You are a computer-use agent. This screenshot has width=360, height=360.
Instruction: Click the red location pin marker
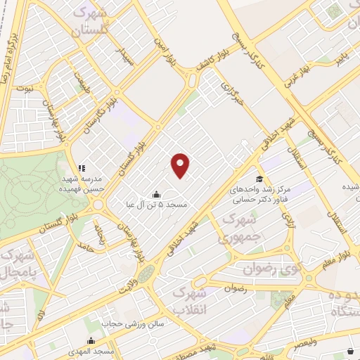point(181,165)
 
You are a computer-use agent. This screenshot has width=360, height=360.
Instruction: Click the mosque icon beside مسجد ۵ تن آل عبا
point(156,193)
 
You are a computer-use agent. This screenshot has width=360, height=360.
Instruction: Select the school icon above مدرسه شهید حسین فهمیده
point(81,168)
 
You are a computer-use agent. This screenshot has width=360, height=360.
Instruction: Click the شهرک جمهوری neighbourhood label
point(240,229)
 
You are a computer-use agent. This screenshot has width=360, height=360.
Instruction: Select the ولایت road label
point(125,282)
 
